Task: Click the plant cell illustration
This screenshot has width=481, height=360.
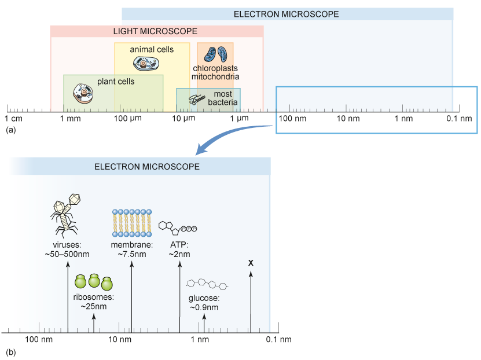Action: click(83, 93)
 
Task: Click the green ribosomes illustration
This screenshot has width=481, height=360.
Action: click(94, 282)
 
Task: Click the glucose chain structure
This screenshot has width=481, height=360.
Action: click(208, 285)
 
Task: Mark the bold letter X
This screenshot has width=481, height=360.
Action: click(251, 263)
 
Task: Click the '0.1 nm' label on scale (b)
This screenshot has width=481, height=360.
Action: click(278, 339)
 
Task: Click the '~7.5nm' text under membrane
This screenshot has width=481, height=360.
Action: click(132, 254)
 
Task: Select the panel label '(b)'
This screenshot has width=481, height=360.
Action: click(10, 352)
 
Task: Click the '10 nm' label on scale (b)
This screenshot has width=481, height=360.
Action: click(120, 339)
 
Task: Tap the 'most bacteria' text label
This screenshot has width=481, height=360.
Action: click(223, 98)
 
